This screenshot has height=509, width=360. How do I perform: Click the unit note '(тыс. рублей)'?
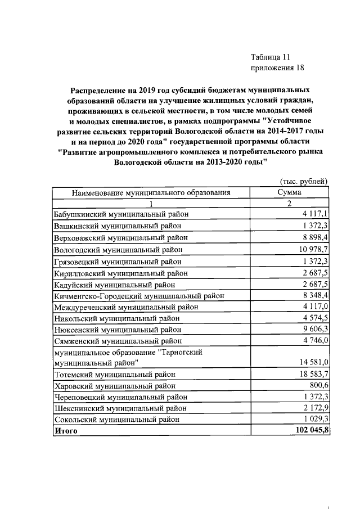(x=303, y=181)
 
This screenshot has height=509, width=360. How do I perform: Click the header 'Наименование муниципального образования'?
(x=151, y=192)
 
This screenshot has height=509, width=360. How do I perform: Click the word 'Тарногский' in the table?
(x=182, y=352)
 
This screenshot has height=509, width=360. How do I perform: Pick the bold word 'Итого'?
(x=65, y=431)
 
